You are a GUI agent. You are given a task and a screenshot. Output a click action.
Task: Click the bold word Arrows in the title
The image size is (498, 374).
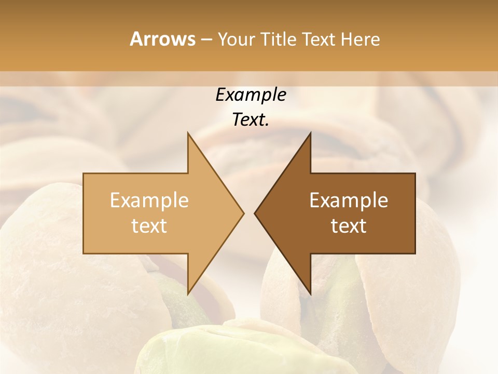click(x=162, y=39)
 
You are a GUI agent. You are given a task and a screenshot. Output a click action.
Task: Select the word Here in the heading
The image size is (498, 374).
click(x=361, y=39)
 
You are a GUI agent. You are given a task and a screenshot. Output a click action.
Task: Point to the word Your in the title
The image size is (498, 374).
click(x=236, y=39)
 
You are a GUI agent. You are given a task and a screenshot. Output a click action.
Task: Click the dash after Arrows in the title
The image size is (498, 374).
click(x=206, y=39)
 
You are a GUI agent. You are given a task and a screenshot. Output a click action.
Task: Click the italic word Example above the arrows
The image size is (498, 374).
click(x=251, y=95)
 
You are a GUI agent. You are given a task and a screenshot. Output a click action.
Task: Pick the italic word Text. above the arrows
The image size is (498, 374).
click(x=251, y=119)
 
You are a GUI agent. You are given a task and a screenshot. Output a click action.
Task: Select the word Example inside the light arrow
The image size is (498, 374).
click(x=149, y=200)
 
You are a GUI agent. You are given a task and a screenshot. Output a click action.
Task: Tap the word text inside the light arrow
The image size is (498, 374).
click(x=149, y=226)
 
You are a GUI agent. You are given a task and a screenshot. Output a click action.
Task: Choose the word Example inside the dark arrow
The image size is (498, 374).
click(x=349, y=200)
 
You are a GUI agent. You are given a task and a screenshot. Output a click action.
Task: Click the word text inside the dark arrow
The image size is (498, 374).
click(x=349, y=226)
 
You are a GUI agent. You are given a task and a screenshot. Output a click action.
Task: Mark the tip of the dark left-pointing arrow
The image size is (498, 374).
click(x=255, y=213)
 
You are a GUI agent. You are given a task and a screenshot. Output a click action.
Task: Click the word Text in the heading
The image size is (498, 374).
click(x=318, y=39)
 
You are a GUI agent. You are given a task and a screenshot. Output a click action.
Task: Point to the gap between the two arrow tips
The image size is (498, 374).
click(x=249, y=213)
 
